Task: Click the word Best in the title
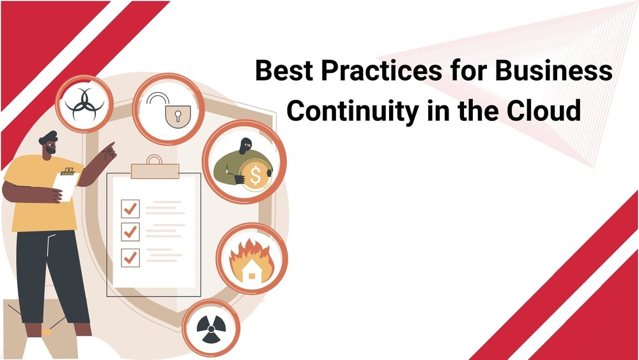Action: coord(284,70)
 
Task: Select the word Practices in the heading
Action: coord(381,70)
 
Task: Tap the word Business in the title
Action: coord(554,70)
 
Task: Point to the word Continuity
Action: coord(353,111)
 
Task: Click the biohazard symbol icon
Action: coord(84,104)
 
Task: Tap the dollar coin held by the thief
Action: coord(256,175)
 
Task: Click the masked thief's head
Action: coord(245,145)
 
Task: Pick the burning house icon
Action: coord(251,262)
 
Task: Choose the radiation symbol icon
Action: coord(211,329)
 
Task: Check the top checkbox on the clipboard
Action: coord(130,208)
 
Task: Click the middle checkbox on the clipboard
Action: coord(130,231)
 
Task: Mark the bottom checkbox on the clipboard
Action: coord(130,258)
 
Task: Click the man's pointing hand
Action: coord(109,152)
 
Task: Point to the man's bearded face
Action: coord(49,146)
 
